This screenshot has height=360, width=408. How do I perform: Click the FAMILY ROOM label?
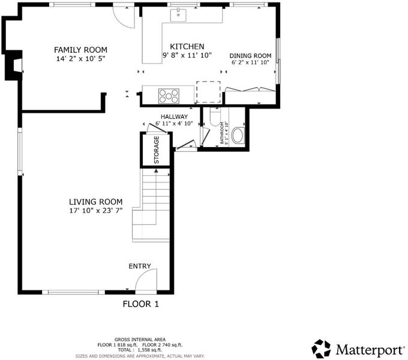(x=80, y=50)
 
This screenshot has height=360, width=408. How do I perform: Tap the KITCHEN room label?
(x=187, y=47)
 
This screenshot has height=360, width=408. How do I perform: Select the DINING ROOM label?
(x=250, y=56)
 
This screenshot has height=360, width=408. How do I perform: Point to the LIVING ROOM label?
(x=96, y=202)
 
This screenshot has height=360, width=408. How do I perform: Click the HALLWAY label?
(x=174, y=117)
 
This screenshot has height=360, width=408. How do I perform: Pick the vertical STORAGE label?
(x=157, y=150)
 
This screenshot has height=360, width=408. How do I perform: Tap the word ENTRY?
(x=140, y=266)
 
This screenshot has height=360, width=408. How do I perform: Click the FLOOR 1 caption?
(x=140, y=304)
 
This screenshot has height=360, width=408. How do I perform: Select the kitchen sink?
(x=178, y=15)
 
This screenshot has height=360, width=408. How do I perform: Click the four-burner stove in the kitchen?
(x=169, y=96)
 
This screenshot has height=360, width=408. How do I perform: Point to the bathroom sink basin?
(x=238, y=135)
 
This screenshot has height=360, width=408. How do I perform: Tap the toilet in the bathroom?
(x=215, y=116)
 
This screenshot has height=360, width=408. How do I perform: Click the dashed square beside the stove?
(x=208, y=92)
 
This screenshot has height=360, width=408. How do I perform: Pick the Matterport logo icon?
(x=321, y=349)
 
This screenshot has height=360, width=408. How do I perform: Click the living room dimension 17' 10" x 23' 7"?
(x=96, y=211)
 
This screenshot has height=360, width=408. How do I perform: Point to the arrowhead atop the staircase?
(x=156, y=170)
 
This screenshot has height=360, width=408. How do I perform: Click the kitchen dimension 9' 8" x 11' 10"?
(x=187, y=55)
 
